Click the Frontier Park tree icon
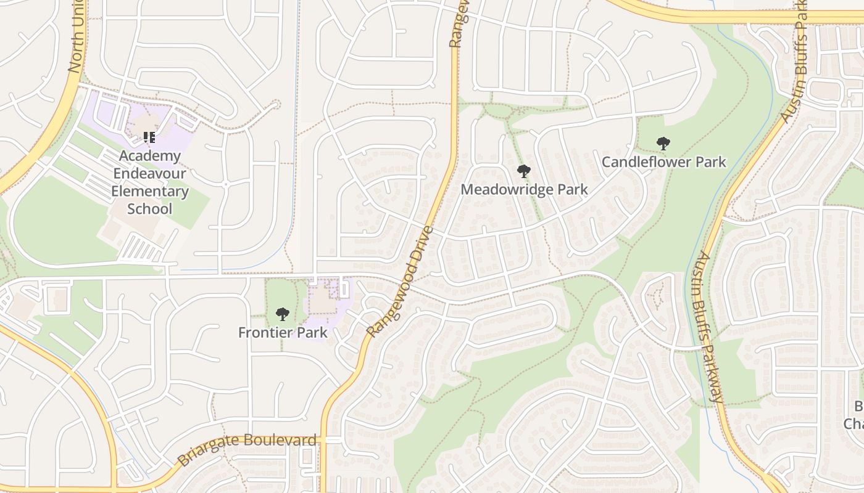point(283,314)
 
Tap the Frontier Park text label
point(283,333)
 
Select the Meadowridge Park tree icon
point(524,171)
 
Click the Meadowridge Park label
point(524,190)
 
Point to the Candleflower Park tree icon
point(663,144)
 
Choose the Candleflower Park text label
point(663,162)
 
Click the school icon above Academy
point(149,137)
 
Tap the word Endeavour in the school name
point(149,174)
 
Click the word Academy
point(149,157)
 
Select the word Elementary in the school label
point(149,191)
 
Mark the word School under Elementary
point(149,209)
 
